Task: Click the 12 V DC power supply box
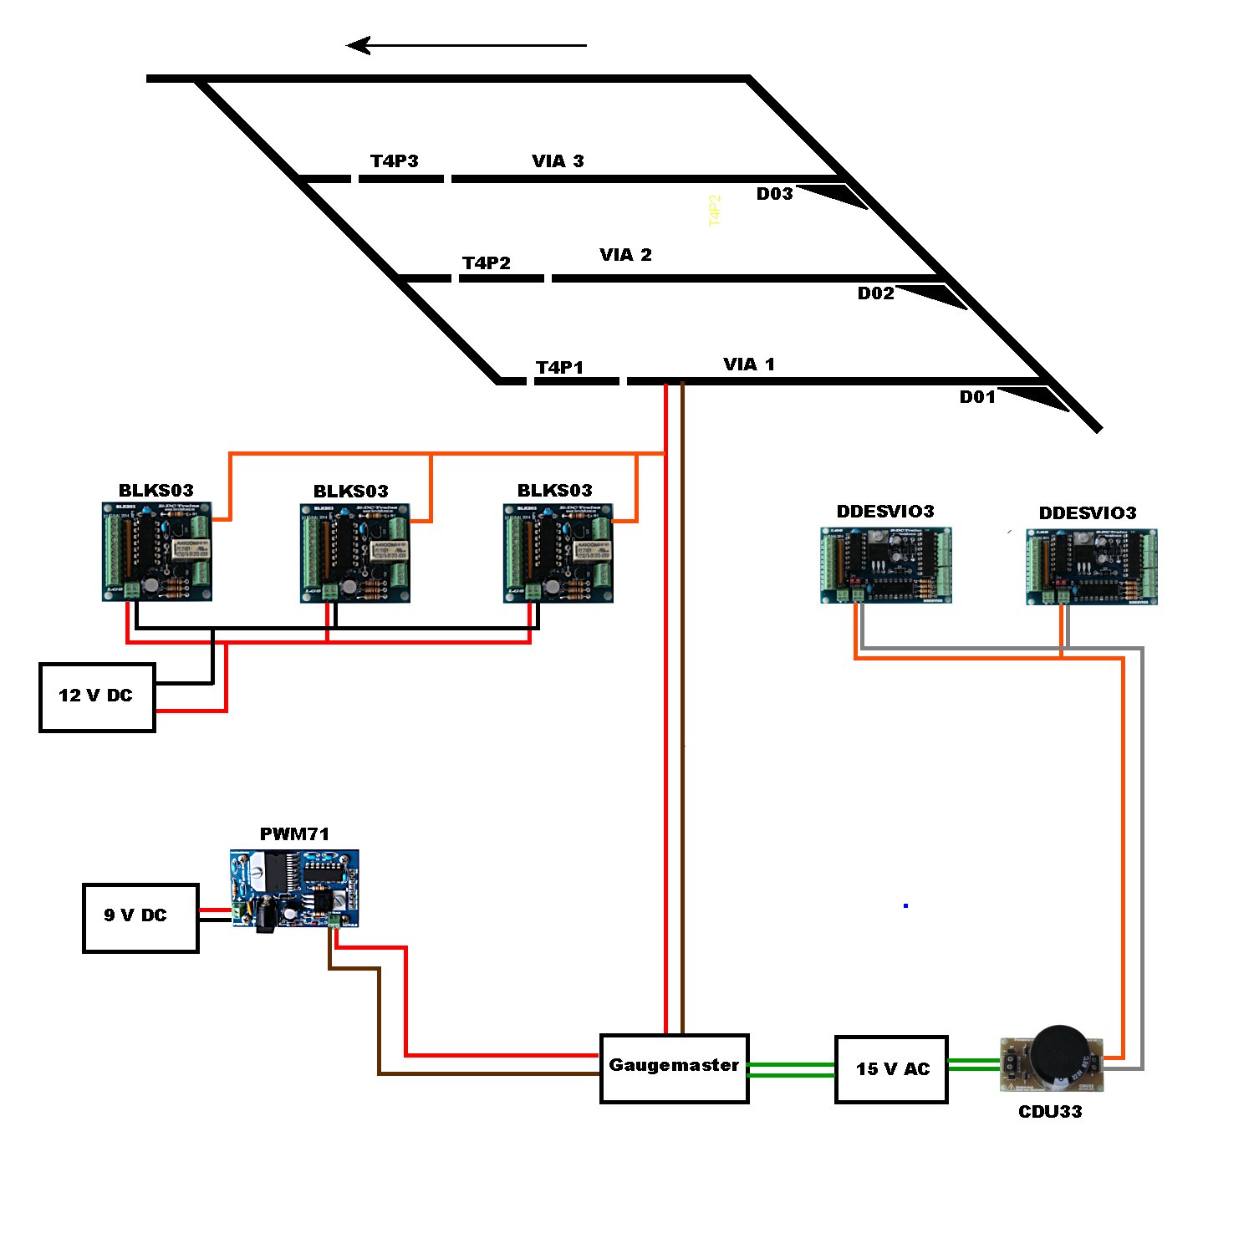click(97, 697)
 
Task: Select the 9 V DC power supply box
click(140, 917)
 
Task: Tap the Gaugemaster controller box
click(674, 1068)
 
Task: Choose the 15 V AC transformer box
click(891, 1069)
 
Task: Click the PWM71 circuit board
click(294, 890)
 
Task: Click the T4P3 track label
click(395, 161)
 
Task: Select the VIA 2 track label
click(625, 255)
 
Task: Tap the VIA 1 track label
click(749, 364)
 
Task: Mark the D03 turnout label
click(774, 194)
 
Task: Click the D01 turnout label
click(977, 397)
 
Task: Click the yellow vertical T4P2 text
click(714, 211)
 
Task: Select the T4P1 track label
click(559, 368)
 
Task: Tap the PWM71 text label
click(294, 833)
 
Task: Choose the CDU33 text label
click(1050, 1112)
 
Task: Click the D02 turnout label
click(875, 293)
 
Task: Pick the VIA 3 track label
click(558, 161)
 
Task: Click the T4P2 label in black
click(486, 263)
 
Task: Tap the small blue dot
click(905, 905)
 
